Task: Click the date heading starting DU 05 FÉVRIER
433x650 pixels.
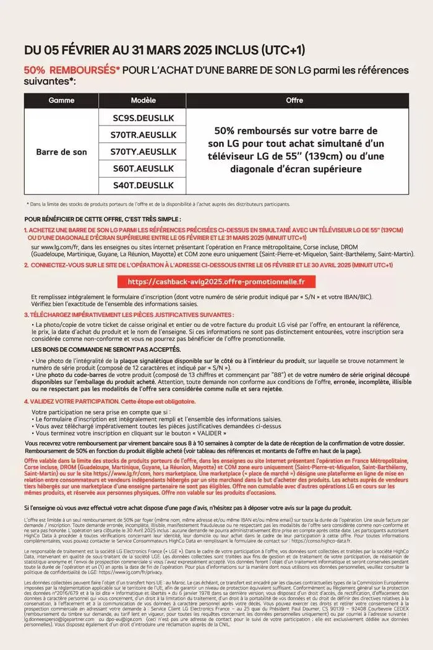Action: [165, 50]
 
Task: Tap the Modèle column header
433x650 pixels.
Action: [144, 100]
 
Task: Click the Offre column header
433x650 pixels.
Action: [294, 100]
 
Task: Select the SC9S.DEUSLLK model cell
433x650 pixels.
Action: [144, 117]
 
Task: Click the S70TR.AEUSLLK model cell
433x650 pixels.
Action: [144, 134]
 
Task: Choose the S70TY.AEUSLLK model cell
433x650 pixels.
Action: [144, 152]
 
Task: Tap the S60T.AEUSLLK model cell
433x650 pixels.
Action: [144, 168]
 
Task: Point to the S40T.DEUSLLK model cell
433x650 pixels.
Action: [144, 185]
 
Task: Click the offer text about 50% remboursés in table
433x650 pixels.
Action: [295, 150]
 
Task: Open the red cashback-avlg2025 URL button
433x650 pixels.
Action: [216, 282]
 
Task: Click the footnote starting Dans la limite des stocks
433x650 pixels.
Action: [157, 204]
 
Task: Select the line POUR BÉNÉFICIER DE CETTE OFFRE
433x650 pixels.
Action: [103, 219]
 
